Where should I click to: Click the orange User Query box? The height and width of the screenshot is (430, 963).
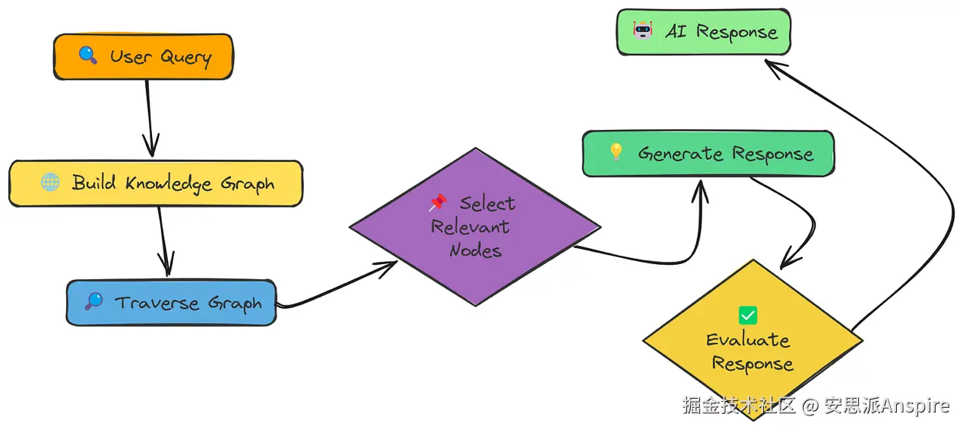pos(143,56)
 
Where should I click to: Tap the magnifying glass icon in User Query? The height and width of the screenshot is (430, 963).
pos(87,55)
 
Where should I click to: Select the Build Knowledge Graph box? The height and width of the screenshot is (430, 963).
pos(156,183)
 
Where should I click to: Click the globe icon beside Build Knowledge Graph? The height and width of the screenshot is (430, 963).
pos(50,182)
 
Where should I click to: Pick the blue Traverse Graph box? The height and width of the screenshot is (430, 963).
pos(171,303)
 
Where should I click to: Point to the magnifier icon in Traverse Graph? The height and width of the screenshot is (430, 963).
pos(93,301)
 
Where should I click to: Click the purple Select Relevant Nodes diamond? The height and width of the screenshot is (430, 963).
pos(475,227)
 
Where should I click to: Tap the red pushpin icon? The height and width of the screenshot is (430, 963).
pos(438,202)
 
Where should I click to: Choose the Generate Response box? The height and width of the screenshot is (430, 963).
pos(708,154)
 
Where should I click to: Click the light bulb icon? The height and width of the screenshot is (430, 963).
pos(616,152)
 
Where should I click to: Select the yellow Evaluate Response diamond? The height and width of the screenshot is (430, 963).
pos(752,340)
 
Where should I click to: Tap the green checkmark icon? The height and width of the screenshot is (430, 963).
pos(748,316)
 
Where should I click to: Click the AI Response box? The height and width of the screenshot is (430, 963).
pos(703,32)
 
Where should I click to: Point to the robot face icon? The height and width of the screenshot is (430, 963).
pos(643,30)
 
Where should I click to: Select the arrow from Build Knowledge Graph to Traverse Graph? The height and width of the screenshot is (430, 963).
pos(164,241)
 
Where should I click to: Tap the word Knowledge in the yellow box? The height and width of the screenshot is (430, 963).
pos(169,183)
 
